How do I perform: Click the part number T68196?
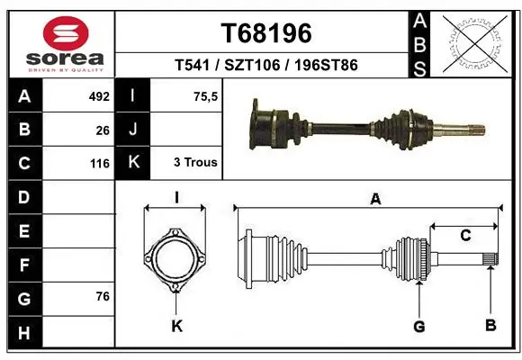point(266,33)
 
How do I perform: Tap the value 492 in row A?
point(98,95)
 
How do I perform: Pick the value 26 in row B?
point(102,130)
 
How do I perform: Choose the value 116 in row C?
point(99,164)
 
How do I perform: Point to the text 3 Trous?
point(195,163)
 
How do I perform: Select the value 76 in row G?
point(102,296)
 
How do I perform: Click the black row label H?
point(24,334)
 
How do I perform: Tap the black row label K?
point(134,163)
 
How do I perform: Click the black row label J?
point(134,130)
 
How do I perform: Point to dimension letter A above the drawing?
point(375,199)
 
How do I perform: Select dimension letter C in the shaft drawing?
point(465,236)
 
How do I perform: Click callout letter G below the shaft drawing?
point(418,326)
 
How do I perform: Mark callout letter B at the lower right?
point(490,325)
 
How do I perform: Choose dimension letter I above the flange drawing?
point(177,197)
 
